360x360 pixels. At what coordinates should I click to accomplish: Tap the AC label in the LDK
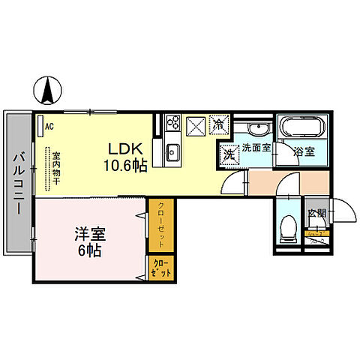(x=49, y=127)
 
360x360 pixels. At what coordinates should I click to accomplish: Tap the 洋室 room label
(x=91, y=234)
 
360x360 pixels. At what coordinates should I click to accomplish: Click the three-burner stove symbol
(x=172, y=121)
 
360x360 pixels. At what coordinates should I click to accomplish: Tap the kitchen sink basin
(x=172, y=152)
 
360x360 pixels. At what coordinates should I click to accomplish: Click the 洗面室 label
(x=256, y=148)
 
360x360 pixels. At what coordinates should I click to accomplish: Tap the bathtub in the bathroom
(x=300, y=126)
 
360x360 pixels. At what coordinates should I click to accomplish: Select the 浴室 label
(x=304, y=151)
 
